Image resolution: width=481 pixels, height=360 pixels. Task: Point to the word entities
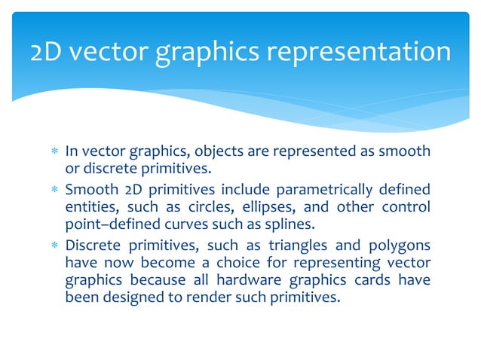(87, 206)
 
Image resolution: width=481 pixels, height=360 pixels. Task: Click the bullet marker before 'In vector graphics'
(54, 152)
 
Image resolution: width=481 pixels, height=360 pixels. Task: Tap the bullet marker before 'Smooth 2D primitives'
(54, 188)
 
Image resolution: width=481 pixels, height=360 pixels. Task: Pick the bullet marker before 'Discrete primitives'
(54, 245)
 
